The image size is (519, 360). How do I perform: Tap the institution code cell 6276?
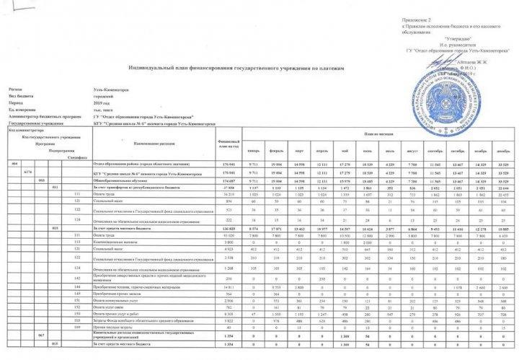pos(27,174)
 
